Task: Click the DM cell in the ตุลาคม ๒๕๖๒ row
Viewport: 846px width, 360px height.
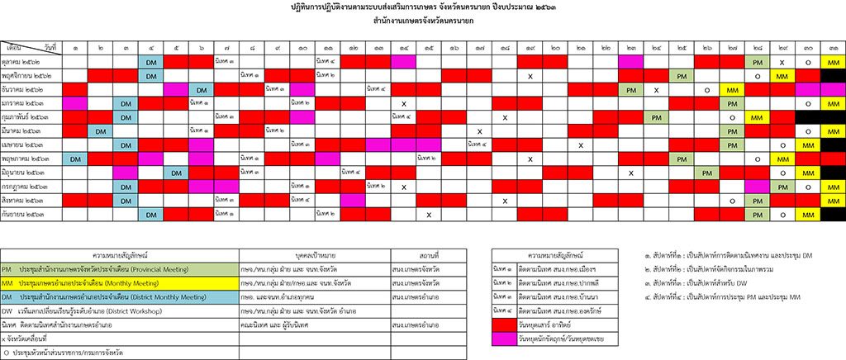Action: (151, 63)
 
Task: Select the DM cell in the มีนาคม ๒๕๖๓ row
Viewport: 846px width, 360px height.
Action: (100, 131)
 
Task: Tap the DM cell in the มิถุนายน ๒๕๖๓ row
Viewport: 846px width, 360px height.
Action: (176, 173)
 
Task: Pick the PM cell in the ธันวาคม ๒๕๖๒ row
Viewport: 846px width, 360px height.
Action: (630, 90)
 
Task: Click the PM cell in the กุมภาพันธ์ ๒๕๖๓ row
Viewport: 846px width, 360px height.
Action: (656, 117)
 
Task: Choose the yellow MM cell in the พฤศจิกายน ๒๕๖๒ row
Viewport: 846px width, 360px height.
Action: (781, 76)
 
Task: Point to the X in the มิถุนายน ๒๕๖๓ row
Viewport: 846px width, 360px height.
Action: (630, 173)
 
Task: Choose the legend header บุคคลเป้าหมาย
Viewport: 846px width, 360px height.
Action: (313, 254)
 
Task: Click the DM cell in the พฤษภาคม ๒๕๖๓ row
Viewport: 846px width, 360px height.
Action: (74, 159)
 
